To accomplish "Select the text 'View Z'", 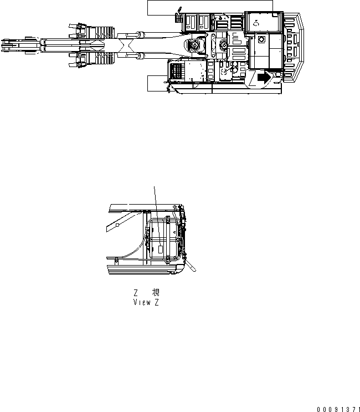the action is coord(146,303).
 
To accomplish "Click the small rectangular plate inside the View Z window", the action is coord(161,250).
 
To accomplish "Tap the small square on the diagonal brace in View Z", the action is coord(118,226).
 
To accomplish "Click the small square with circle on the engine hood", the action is coord(258,40).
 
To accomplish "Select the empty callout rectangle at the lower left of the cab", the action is coord(157,83).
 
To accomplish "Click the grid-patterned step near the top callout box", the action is coord(179,17).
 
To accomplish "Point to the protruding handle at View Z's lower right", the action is coord(191,266).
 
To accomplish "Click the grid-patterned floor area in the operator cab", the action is coord(176,72).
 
